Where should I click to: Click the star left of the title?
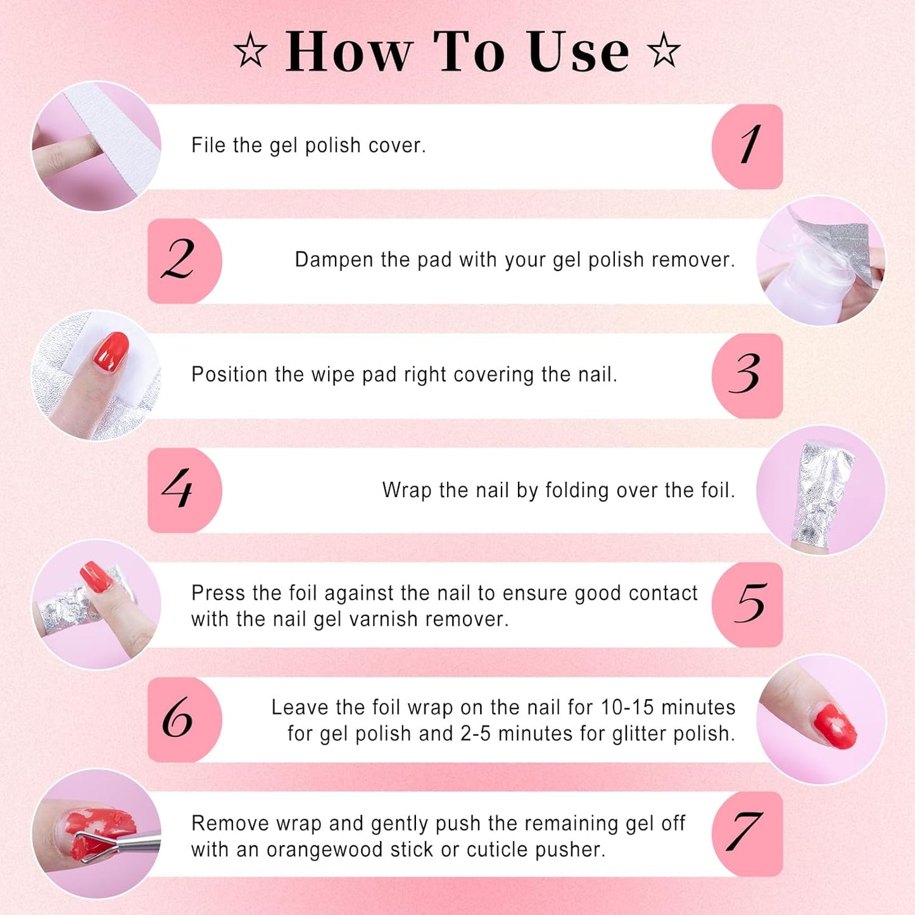click(251, 51)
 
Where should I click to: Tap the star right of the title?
click(664, 51)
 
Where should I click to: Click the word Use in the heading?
click(577, 52)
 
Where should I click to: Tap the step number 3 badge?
click(747, 375)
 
